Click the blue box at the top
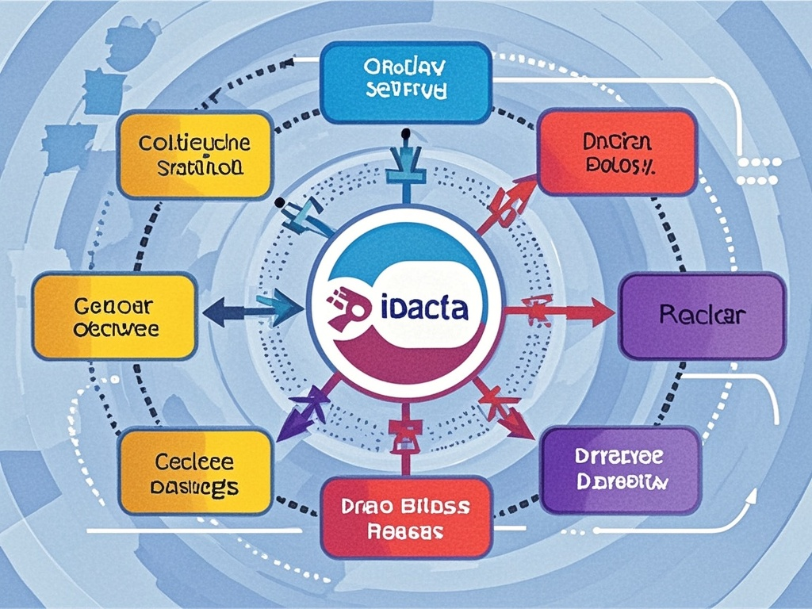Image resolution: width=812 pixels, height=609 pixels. (405, 82)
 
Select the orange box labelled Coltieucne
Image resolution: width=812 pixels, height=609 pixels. (194, 155)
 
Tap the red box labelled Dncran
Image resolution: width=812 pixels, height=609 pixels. (616, 153)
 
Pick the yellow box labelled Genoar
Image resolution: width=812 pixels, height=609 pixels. (115, 316)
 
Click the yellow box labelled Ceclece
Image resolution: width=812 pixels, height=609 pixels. (194, 473)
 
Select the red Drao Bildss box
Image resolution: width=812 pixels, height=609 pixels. (405, 516)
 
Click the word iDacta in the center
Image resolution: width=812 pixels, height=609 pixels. (424, 306)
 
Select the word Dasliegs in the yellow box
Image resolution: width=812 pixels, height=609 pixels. (194, 487)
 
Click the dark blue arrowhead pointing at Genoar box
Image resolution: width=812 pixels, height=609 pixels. (213, 312)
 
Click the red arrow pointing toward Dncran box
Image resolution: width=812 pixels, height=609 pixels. (507, 201)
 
